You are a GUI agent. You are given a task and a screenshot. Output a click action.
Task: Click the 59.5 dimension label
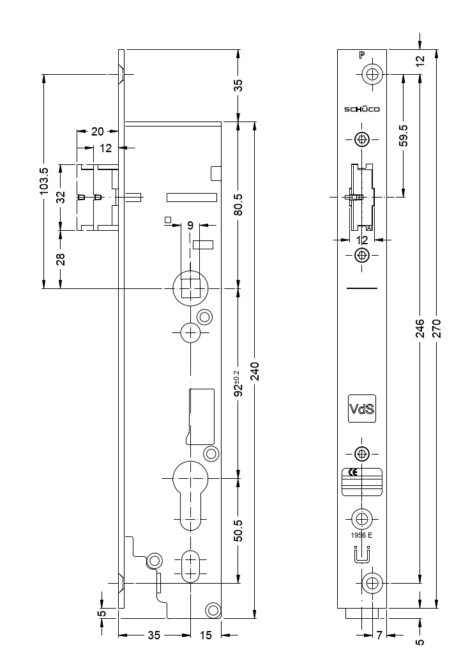(x=404, y=136)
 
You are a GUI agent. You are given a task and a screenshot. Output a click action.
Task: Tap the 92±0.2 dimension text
(x=238, y=383)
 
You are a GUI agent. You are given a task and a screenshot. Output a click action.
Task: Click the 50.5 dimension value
(x=238, y=530)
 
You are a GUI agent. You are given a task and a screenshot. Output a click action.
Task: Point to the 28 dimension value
(x=61, y=258)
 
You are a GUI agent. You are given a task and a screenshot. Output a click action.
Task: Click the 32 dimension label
(x=61, y=197)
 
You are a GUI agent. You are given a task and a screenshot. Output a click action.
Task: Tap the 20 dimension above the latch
(x=97, y=132)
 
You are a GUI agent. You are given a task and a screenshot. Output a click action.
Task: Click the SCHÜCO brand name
(x=362, y=109)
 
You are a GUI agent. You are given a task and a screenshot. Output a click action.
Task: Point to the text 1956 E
(x=361, y=535)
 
